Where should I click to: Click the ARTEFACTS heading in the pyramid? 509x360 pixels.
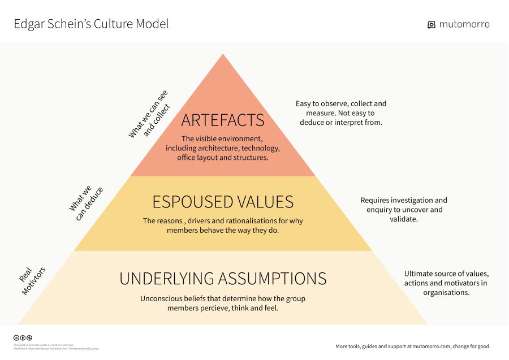point(223,120)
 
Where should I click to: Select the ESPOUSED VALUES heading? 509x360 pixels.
point(223,202)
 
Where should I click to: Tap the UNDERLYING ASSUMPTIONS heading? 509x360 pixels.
point(223,278)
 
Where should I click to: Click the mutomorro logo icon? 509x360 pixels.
point(432,25)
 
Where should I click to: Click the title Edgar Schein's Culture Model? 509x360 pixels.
point(91,24)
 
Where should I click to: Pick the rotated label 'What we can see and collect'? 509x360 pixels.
point(149,115)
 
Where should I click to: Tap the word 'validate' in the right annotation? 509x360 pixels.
point(403,219)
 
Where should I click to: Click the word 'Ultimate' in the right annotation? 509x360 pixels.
point(419,274)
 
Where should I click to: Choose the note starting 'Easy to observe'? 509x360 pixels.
point(341,113)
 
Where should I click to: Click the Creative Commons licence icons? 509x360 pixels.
point(23,338)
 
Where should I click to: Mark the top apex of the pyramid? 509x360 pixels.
point(223,55)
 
